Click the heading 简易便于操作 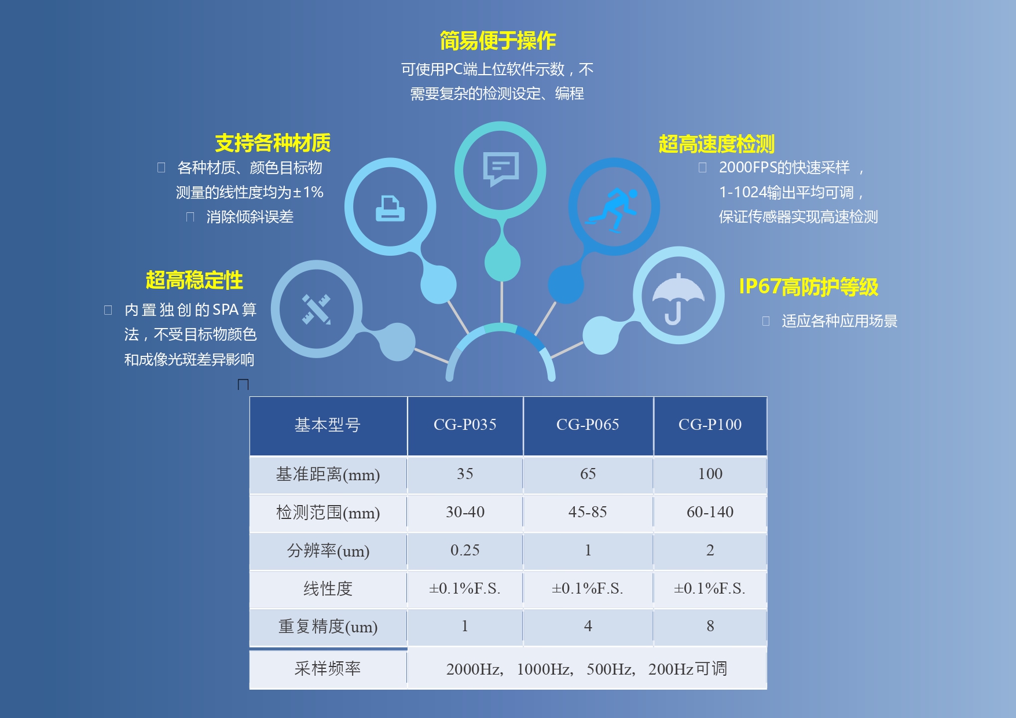click(498, 41)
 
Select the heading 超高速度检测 click(717, 144)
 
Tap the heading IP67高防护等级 click(809, 286)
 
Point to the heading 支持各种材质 click(273, 143)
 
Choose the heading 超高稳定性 click(195, 280)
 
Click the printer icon click(390, 208)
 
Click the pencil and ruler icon click(317, 310)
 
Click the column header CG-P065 click(588, 425)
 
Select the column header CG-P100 click(710, 425)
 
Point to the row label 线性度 click(328, 589)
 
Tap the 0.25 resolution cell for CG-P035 click(465, 550)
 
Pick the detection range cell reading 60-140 click(710, 512)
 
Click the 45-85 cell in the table click(588, 512)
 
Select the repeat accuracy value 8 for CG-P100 click(710, 626)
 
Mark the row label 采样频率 click(328, 669)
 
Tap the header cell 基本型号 click(328, 425)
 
